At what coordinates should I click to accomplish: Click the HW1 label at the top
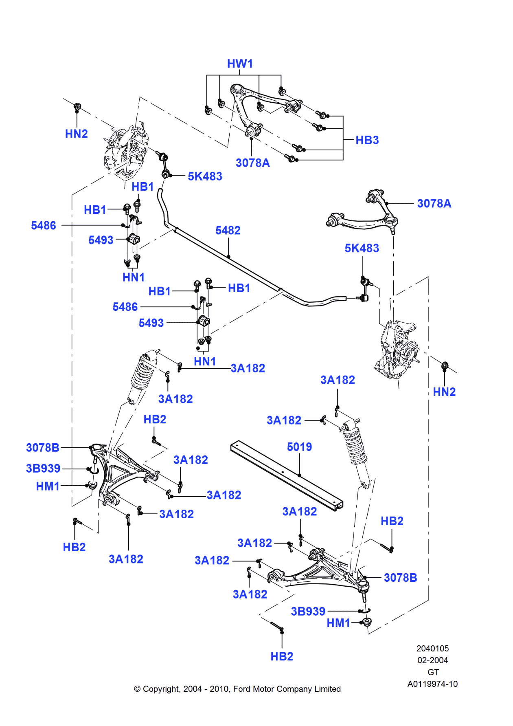click(240, 64)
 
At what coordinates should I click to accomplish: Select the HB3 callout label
click(367, 140)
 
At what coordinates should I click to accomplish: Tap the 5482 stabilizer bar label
click(228, 231)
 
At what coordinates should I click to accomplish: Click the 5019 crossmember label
click(299, 447)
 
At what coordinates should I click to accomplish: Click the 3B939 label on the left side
click(43, 469)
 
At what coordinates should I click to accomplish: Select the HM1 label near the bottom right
click(338, 623)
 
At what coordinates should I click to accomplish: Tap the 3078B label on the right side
click(400, 578)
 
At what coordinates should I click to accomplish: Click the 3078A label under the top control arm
click(252, 163)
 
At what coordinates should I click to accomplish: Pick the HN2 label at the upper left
click(76, 134)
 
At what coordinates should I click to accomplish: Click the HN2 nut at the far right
click(445, 365)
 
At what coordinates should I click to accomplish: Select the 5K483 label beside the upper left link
click(205, 176)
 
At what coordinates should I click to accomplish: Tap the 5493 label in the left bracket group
click(101, 240)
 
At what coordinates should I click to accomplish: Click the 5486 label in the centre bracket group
click(125, 307)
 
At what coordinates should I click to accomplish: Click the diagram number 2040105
click(432, 648)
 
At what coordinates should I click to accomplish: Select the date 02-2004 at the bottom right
click(432, 660)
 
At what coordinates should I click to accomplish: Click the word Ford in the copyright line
click(242, 689)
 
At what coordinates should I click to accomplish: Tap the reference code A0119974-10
click(432, 684)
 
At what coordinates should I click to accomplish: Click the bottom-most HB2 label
click(282, 656)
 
